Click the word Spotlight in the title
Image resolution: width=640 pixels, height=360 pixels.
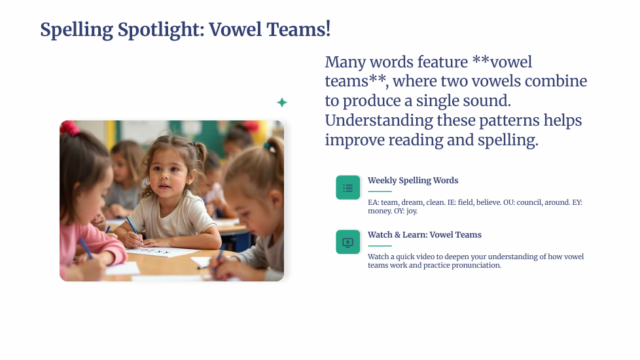(161, 30)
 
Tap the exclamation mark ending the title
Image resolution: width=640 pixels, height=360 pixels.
(328, 29)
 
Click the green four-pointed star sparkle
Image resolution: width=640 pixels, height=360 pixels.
(282, 103)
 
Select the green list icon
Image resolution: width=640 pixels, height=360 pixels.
(347, 188)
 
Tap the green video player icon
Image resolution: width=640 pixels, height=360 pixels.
(347, 242)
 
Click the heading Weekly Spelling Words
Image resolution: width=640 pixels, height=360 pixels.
(413, 181)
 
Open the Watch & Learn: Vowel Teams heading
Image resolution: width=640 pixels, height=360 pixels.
(425, 235)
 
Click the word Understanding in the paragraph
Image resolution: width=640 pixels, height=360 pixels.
(379, 121)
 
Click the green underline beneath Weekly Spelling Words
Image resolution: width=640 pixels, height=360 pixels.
(380, 191)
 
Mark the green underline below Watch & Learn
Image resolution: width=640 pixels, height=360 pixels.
(380, 245)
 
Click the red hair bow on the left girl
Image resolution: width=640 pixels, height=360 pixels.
(70, 128)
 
